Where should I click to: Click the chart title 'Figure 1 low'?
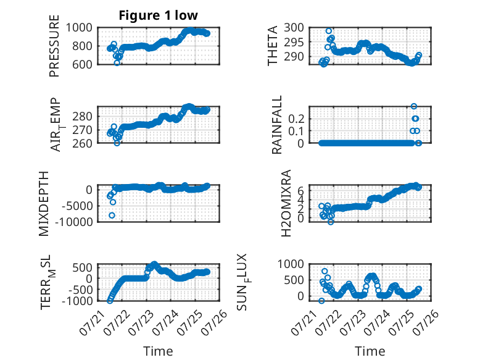[159, 15]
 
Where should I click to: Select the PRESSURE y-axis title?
[54, 46]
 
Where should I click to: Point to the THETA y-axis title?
[272, 46]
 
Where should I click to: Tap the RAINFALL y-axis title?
[276, 125]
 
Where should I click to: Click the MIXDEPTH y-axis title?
[44, 204]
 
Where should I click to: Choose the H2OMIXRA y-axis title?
[286, 203]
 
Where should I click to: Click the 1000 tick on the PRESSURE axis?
[79, 28]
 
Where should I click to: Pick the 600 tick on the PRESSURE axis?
[82, 64]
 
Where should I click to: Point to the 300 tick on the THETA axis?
[294, 28]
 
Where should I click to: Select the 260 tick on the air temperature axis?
[82, 143]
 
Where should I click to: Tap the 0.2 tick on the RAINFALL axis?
[296, 119]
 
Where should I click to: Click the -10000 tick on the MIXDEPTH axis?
[74, 222]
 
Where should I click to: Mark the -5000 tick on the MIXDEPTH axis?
[77, 206]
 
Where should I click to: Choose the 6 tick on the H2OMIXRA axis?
[301, 191]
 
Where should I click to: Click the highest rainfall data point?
[413, 106]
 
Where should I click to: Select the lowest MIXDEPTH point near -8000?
[112, 216]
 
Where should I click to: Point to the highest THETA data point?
[328, 31]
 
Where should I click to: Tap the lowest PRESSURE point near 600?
[117, 63]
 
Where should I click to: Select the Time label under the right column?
[370, 351]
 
